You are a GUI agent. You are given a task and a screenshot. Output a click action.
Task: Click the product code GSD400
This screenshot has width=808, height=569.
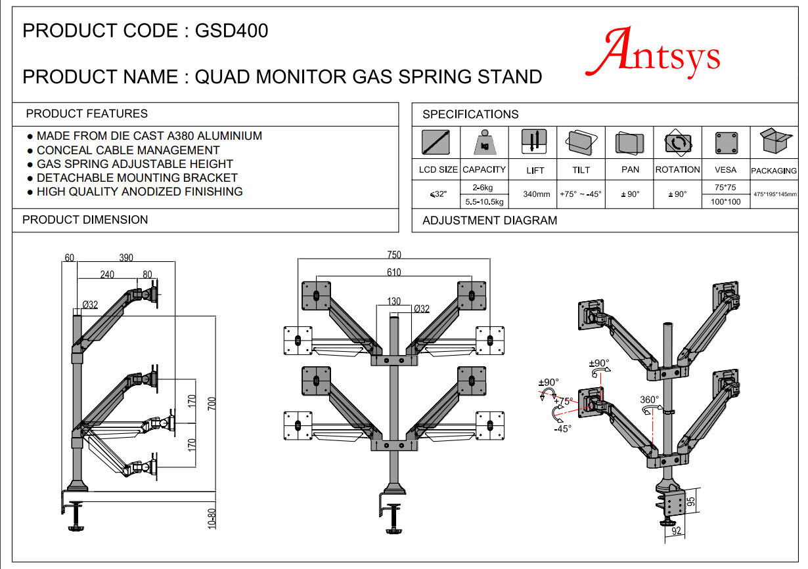point(231,31)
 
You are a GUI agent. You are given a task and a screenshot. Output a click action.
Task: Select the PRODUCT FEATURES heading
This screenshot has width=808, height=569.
point(87,114)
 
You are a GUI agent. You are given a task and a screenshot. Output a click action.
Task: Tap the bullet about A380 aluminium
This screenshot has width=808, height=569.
point(149,136)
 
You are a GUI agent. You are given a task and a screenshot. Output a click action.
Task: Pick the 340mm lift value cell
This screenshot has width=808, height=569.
point(535,194)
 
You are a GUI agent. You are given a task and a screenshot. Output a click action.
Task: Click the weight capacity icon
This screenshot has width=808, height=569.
point(485,142)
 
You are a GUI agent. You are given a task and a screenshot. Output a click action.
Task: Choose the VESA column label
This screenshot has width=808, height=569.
point(726,169)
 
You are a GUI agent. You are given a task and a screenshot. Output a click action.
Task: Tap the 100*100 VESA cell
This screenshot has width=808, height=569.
point(726,201)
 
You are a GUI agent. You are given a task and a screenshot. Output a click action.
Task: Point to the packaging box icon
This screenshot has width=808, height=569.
point(774,140)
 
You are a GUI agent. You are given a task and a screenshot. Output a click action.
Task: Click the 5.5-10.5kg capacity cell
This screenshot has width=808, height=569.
point(484,201)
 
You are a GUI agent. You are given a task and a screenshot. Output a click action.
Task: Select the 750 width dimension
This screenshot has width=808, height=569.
point(394,255)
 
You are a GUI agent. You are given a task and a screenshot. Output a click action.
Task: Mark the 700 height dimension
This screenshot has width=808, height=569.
point(211,403)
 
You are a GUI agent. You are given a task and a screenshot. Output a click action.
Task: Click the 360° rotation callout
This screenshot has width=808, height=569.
point(650,399)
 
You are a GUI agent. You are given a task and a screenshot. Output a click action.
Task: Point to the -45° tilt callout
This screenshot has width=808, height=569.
point(563,429)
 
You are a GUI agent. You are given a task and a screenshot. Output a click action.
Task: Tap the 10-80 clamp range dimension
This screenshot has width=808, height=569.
point(211,518)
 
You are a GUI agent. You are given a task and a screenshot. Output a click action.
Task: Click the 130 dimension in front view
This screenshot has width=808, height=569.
point(393,302)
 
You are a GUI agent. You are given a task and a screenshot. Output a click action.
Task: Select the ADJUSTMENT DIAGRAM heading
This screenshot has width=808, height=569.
point(489,221)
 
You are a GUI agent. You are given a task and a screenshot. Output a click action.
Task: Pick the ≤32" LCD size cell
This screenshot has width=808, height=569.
point(438,194)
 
